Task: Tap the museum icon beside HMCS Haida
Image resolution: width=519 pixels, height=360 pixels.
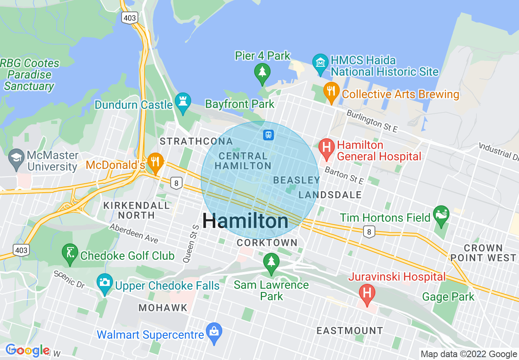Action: point(320,63)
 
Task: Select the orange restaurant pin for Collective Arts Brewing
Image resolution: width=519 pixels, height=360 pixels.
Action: point(331,92)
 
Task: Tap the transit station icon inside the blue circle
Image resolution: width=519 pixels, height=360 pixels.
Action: point(268,135)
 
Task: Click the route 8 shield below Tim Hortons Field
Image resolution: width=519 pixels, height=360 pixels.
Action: point(369,232)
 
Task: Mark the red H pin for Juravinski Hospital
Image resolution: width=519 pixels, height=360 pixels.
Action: point(367,293)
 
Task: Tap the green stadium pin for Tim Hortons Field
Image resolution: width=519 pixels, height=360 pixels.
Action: point(441,215)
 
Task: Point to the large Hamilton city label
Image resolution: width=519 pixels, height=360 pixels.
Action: point(245,221)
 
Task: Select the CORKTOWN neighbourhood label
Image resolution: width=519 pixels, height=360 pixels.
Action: point(267,243)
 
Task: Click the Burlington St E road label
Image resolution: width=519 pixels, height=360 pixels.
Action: point(372,121)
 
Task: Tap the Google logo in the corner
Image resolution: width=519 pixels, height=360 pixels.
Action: point(27,350)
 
